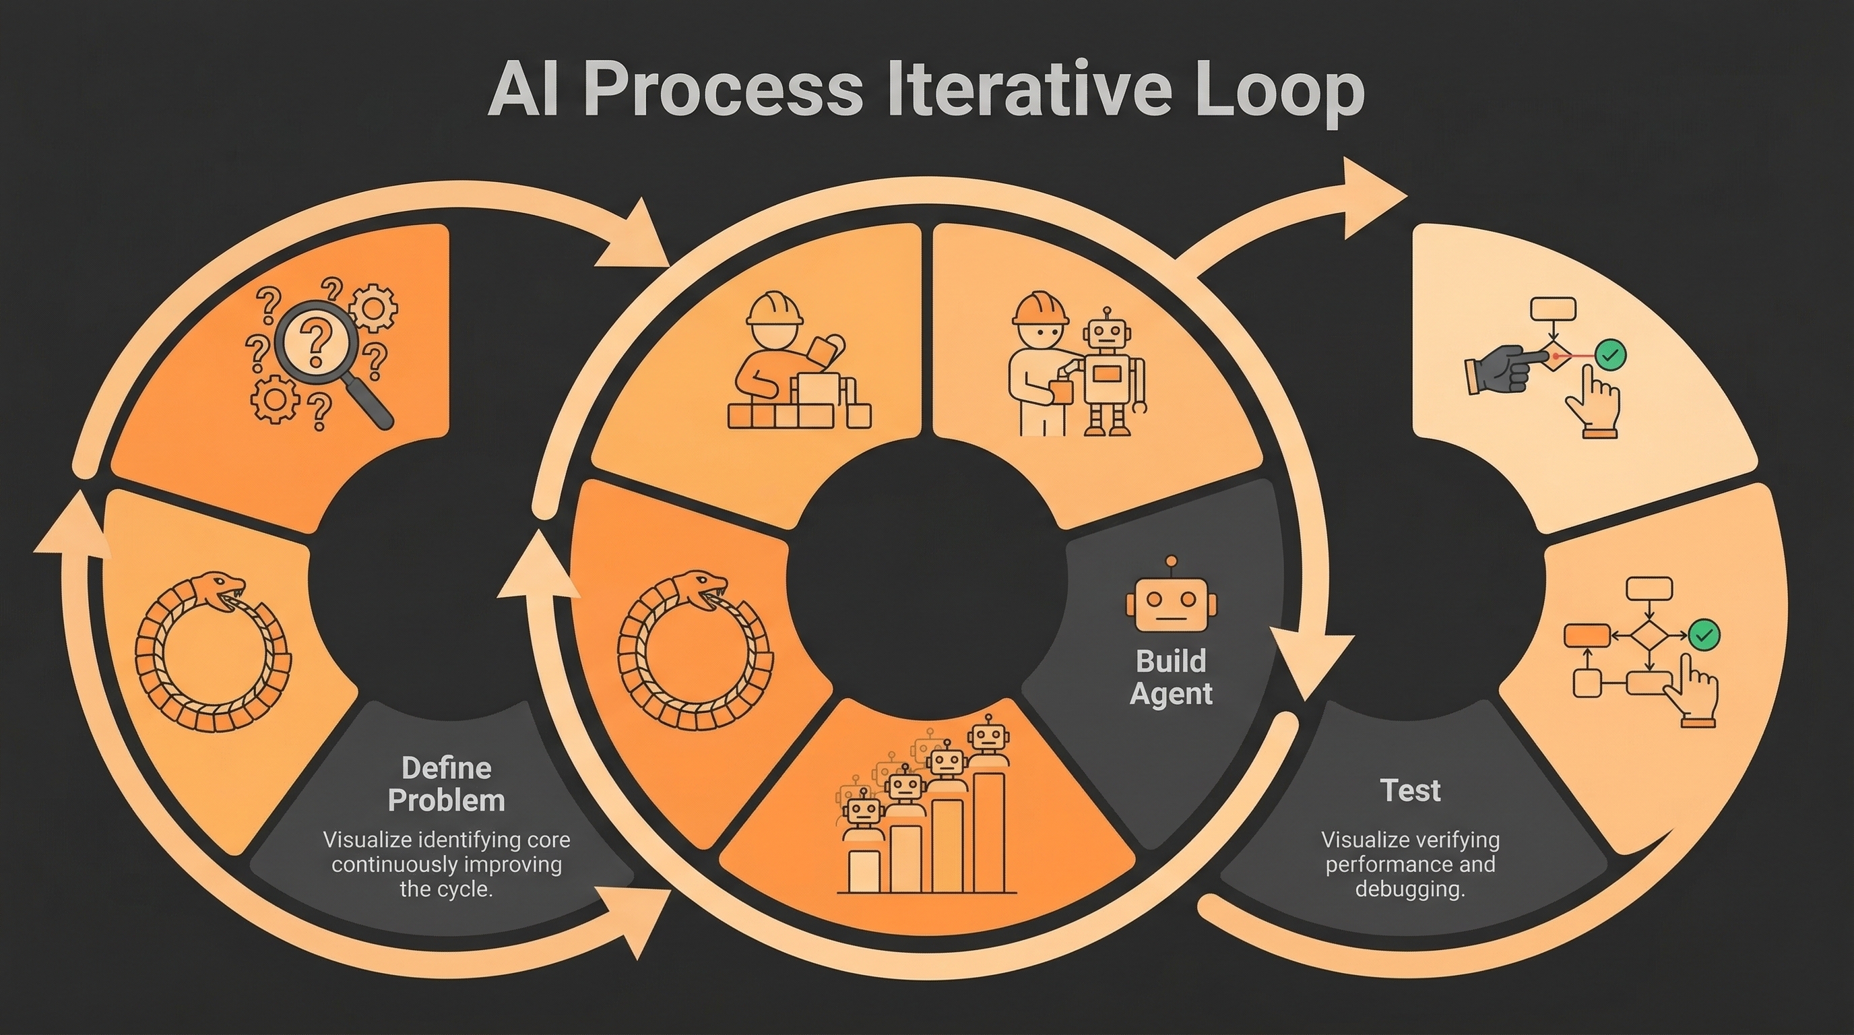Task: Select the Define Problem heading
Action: tap(446, 784)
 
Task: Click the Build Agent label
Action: tap(1171, 677)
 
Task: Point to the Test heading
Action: tap(1410, 790)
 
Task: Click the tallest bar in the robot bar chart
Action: tap(989, 832)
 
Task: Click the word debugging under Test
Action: tap(1410, 889)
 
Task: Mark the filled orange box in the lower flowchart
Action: tap(1587, 635)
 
